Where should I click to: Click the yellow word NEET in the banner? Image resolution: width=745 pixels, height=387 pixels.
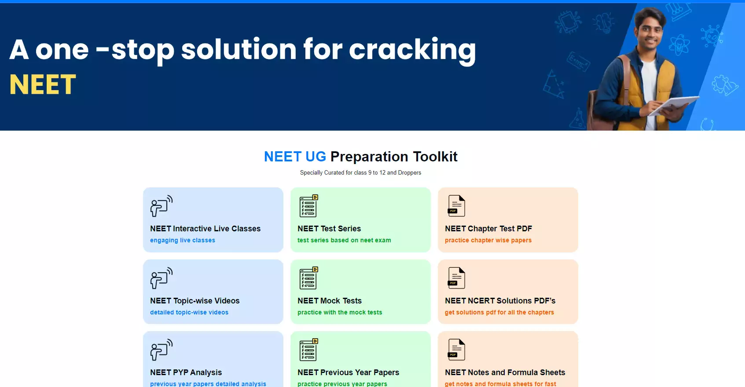point(43,84)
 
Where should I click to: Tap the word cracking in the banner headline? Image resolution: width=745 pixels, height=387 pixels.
point(412,51)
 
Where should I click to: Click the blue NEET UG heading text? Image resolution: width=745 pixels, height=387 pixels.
point(295,157)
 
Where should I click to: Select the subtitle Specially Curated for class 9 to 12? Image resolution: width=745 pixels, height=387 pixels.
point(360,172)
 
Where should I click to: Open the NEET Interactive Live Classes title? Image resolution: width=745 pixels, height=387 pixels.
point(205,229)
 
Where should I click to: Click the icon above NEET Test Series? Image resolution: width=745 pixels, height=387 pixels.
point(308,206)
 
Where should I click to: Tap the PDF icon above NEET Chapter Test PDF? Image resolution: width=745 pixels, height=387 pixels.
point(456,206)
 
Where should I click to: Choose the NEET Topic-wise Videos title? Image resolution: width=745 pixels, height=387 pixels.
point(195,300)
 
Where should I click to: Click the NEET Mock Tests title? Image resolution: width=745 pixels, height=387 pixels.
point(329,300)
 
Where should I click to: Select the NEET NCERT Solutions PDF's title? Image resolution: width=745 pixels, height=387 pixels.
point(500,300)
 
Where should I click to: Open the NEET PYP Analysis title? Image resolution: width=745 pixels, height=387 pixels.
point(186,372)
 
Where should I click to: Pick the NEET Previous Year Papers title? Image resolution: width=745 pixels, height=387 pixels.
point(348,372)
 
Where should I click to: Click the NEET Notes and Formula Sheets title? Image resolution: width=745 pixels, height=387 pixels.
point(505,372)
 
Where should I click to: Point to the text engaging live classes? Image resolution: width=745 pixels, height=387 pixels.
point(182,240)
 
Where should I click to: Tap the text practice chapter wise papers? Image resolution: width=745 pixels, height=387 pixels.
point(488,240)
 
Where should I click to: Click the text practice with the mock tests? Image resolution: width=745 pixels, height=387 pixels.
point(340,312)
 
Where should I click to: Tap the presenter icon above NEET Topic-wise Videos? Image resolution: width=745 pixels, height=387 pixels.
point(161,278)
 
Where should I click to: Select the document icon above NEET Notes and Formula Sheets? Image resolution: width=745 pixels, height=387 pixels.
point(456,350)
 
